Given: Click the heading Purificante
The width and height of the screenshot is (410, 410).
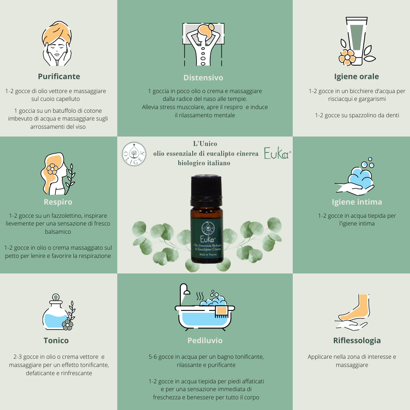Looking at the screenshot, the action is click(59, 76).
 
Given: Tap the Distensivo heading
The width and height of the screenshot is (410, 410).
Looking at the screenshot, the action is click(203, 77).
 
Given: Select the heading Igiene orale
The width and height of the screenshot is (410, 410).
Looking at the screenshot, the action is click(356, 76).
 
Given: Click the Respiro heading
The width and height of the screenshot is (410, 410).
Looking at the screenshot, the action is click(58, 202).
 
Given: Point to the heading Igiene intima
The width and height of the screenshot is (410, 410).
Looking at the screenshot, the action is click(357, 202).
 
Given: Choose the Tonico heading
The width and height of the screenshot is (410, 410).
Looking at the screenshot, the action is click(56, 340).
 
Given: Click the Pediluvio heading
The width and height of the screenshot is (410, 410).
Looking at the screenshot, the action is click(205, 340).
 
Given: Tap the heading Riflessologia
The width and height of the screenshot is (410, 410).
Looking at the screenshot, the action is click(357, 341).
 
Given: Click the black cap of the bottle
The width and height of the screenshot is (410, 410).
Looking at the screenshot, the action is click(206, 186).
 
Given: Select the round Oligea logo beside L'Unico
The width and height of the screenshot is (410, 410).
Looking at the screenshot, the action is click(134, 154).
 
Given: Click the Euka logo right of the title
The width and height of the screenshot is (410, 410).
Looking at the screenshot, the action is click(277, 153).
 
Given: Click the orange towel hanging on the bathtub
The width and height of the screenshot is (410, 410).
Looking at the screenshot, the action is click(221, 311).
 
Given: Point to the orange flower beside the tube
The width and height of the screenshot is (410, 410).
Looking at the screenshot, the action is click(347, 57).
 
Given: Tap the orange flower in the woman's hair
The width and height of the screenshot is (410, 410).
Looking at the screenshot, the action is click(52, 169).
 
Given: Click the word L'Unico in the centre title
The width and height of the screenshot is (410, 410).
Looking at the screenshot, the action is click(205, 144).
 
